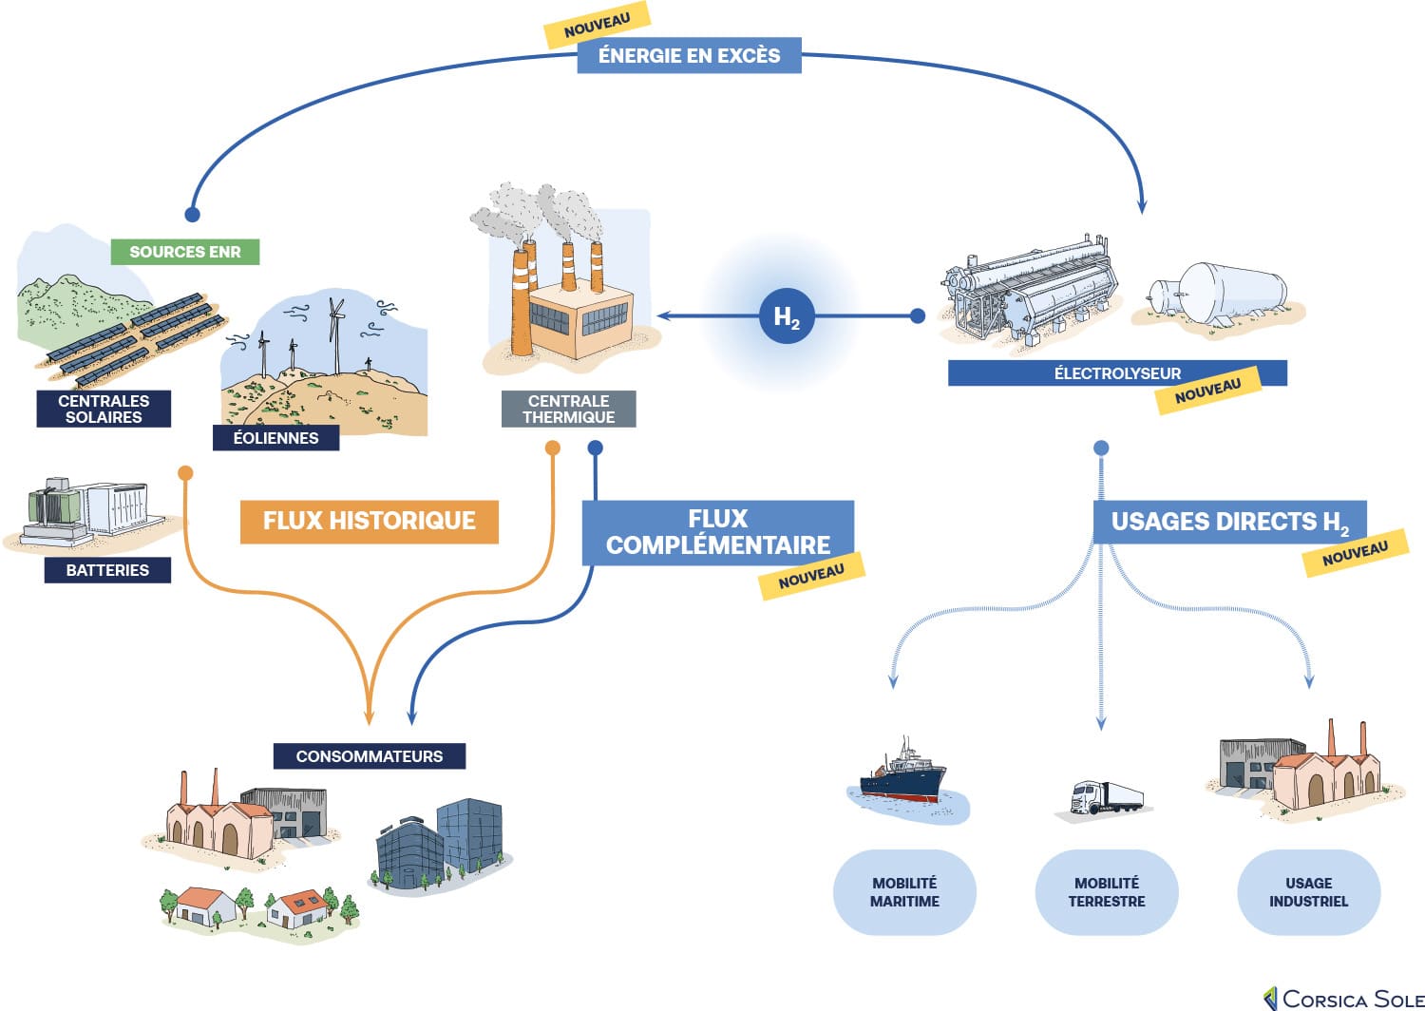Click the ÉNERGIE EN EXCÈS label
689,55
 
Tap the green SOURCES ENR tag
185,252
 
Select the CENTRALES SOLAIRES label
104,409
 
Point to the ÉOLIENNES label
275,438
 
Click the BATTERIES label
107,570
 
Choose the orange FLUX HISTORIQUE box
369,521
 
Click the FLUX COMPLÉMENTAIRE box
717,532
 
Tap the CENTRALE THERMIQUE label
568,409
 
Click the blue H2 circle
787,316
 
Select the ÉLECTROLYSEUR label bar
1116,373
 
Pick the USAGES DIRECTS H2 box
1229,522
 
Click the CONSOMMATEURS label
369,756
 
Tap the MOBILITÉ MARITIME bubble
904,892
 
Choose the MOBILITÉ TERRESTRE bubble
1107,892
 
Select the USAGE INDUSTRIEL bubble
1308,892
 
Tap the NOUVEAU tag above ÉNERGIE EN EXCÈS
597,25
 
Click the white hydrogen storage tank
1221,293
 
